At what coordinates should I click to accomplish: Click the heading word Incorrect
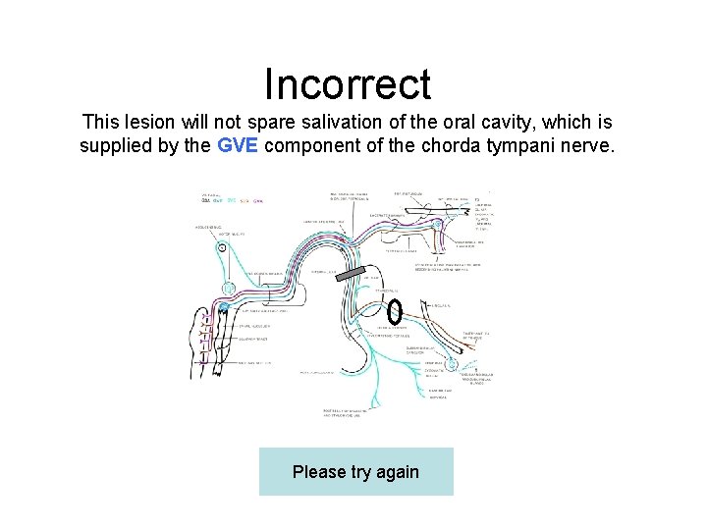pyautogui.click(x=348, y=84)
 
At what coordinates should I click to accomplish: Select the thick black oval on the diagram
pyautogui.click(x=394, y=311)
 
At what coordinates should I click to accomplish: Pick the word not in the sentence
pyautogui.click(x=234, y=123)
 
